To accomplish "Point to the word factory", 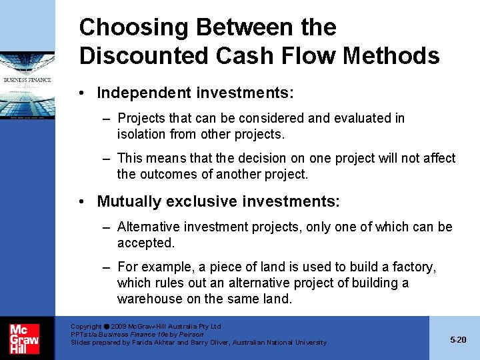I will coord(412,267).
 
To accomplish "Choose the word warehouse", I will coord(149,299).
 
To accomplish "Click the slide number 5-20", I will coord(458,339).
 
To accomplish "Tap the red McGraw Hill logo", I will coord(24,339).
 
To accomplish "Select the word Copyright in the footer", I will coord(86,327).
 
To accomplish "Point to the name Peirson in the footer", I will coord(191,334).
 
